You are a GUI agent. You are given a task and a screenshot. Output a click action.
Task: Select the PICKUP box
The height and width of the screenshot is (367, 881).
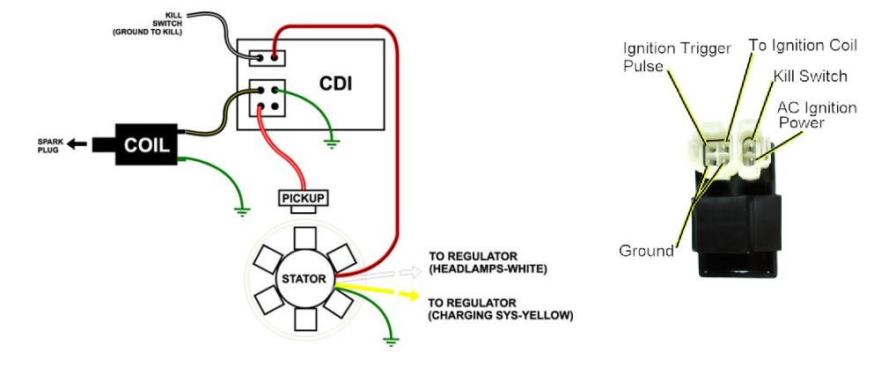coord(304,198)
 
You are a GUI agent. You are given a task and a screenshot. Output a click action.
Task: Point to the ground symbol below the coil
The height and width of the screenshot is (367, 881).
coord(239,209)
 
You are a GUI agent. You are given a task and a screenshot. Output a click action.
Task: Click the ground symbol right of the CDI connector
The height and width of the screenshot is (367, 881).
coord(331,141)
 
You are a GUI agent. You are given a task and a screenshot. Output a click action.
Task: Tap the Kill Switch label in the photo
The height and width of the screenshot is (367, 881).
coord(810,77)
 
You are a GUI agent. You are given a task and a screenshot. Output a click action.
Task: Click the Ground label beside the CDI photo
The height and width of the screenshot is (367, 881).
coord(646,251)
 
